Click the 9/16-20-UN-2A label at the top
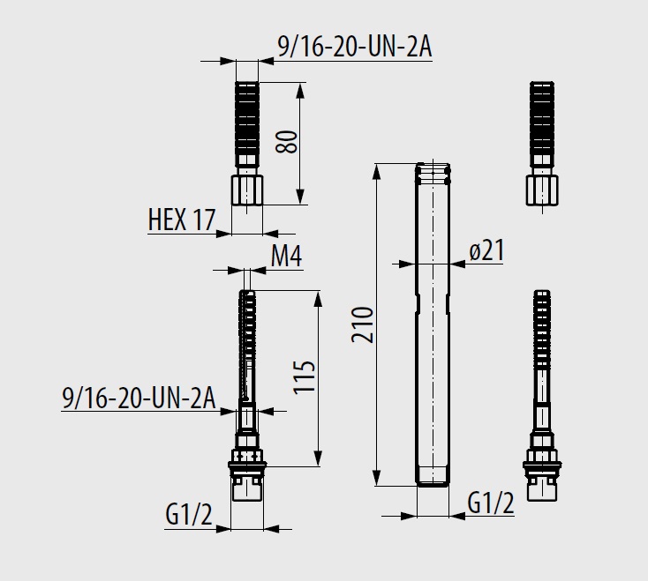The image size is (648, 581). click(355, 47)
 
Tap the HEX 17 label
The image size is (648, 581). click(182, 220)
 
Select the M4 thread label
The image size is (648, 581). click(286, 257)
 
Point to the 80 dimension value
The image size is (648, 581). click(287, 142)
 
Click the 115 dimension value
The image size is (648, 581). click(305, 377)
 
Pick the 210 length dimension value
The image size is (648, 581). click(363, 324)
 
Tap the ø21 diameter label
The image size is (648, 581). click(486, 250)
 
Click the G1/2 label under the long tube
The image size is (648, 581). click(491, 503)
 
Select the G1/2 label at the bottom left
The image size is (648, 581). click(188, 514)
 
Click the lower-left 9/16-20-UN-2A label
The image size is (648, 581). click(139, 398)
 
